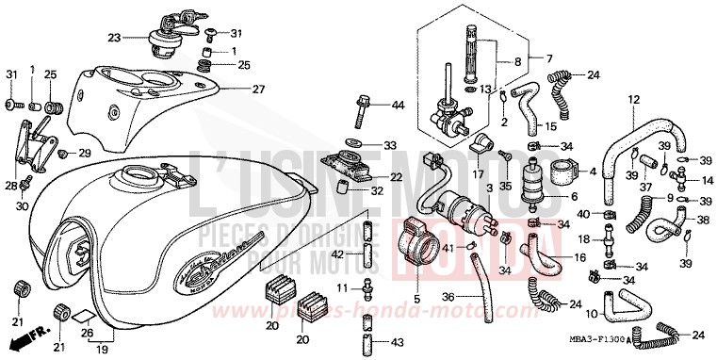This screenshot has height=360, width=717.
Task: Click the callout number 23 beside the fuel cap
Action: click(114, 39)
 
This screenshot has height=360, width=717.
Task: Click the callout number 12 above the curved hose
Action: click(633, 98)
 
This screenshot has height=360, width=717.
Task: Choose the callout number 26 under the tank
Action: click(86, 331)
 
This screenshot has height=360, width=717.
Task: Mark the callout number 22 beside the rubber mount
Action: click(396, 176)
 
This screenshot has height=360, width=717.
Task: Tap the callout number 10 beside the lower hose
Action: click(592, 312)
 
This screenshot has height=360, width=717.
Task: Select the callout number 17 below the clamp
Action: click(479, 173)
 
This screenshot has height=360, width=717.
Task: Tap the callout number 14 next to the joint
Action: click(707, 179)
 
